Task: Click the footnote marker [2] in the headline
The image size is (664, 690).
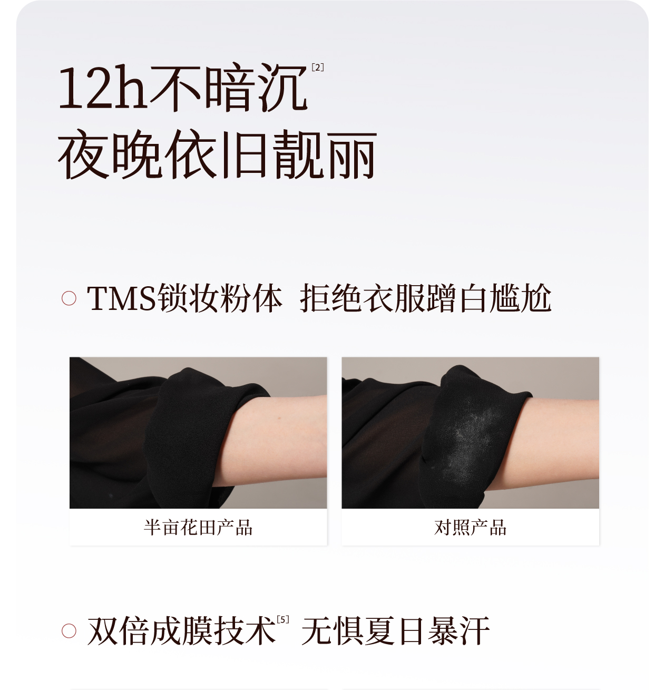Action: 317,67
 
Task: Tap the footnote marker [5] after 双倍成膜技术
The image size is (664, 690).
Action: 283,619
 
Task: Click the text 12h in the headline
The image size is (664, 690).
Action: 102,87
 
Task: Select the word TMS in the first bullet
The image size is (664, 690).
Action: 121,298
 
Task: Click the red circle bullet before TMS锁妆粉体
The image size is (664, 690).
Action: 69,298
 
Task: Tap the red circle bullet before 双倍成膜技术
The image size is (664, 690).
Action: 69,631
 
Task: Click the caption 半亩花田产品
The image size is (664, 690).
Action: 198,527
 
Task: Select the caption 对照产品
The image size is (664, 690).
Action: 470,527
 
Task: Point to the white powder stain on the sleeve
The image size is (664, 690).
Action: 468,440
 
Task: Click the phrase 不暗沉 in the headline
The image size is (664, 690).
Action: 228,87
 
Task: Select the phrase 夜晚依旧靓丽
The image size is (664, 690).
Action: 217,154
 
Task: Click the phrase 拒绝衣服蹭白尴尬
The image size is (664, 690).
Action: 425,298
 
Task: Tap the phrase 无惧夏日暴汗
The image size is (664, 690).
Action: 395,631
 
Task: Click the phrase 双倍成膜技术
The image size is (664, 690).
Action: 181,631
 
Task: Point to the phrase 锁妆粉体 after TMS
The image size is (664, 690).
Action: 220,298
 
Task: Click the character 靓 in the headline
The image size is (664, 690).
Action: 298,154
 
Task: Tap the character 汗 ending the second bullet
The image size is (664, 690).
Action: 474,631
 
